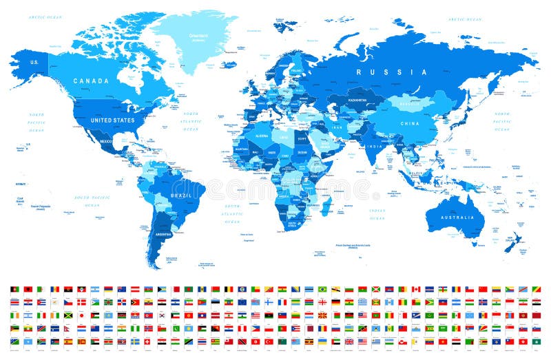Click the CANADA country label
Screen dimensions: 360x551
[x=92, y=81]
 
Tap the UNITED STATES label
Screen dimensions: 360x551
[x=113, y=120]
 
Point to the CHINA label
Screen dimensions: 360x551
[x=410, y=124]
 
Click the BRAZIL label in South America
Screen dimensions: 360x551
[x=180, y=195]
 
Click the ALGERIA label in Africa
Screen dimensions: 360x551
[x=262, y=136]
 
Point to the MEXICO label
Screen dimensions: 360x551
[x=105, y=141]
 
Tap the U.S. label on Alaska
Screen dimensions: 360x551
[x=33, y=63]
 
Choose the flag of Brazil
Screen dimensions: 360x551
[x=322, y=289]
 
